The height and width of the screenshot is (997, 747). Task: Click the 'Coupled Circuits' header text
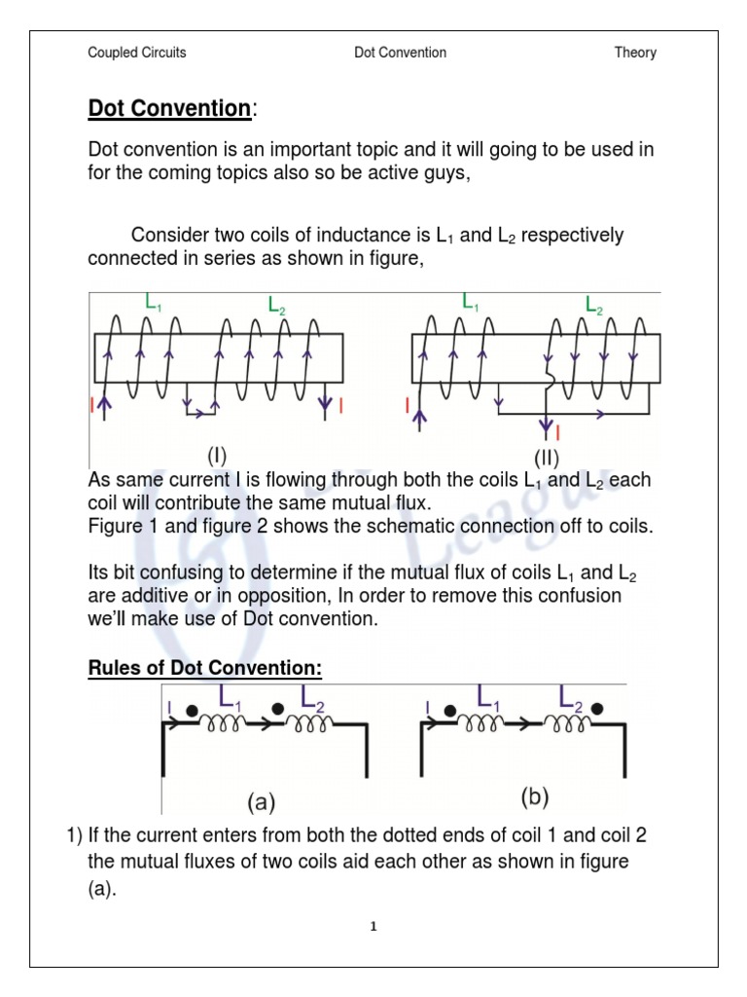click(x=136, y=53)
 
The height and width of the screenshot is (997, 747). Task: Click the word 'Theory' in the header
click(x=634, y=53)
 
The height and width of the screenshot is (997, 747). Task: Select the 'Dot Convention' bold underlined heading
click(x=169, y=109)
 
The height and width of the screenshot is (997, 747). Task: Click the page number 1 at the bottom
click(x=373, y=927)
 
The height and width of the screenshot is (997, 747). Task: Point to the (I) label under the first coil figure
click(x=216, y=455)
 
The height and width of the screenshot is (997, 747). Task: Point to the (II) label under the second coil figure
click(x=546, y=458)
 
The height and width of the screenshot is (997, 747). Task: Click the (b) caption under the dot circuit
click(x=534, y=797)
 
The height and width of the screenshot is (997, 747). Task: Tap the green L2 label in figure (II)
click(x=593, y=306)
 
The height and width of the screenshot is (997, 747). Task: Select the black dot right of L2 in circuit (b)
click(x=596, y=709)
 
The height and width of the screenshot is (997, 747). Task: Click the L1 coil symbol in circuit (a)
click(x=223, y=723)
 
